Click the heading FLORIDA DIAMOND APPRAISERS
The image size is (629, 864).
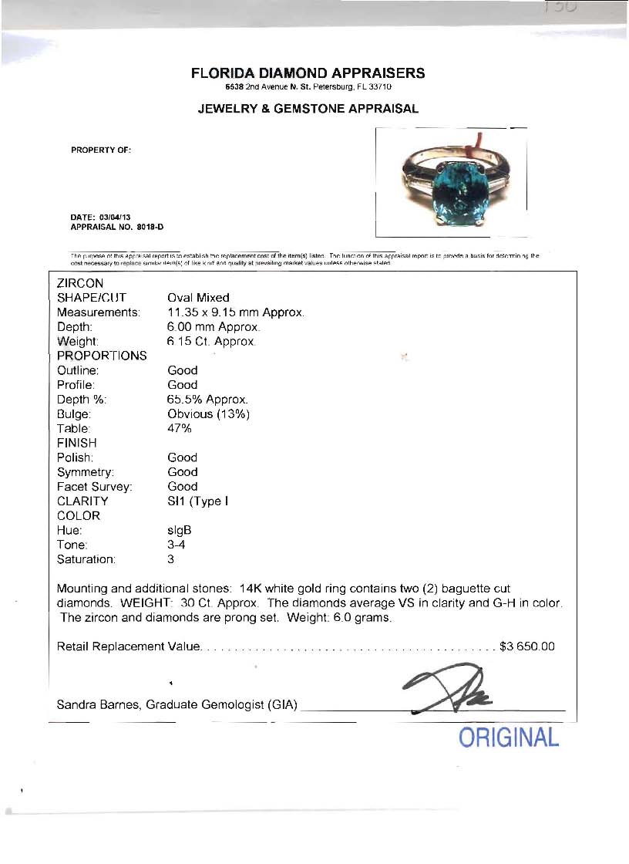click(x=308, y=73)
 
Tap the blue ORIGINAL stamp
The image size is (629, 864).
click(x=509, y=737)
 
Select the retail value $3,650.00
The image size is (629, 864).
click(x=526, y=646)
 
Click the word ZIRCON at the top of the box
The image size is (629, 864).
click(x=80, y=283)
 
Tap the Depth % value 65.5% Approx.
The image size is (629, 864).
click(x=208, y=400)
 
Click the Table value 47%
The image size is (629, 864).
click(x=179, y=428)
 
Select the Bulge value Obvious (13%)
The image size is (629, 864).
click(x=208, y=414)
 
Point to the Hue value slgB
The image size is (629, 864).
click(x=179, y=530)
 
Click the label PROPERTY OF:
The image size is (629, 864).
click(x=101, y=150)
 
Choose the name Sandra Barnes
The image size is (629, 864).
click(x=98, y=704)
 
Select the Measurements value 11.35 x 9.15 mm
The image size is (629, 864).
click(x=224, y=312)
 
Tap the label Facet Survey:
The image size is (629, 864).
click(x=95, y=487)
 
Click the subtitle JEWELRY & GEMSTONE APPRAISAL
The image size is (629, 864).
click(x=308, y=109)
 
